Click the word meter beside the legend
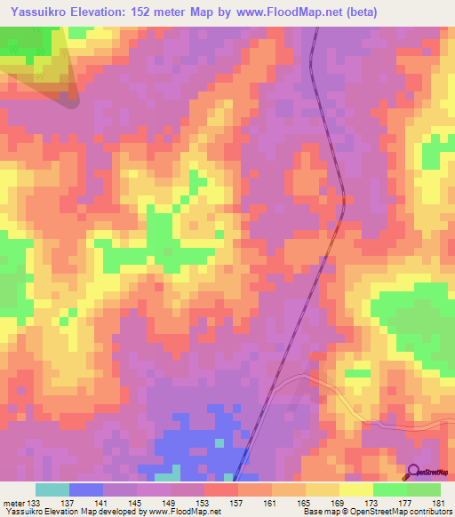[x=14, y=505]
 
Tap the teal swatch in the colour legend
[x=52, y=490]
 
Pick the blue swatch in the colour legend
[x=86, y=490]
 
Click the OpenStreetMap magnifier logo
[x=413, y=472]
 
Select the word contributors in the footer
[x=428, y=513]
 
